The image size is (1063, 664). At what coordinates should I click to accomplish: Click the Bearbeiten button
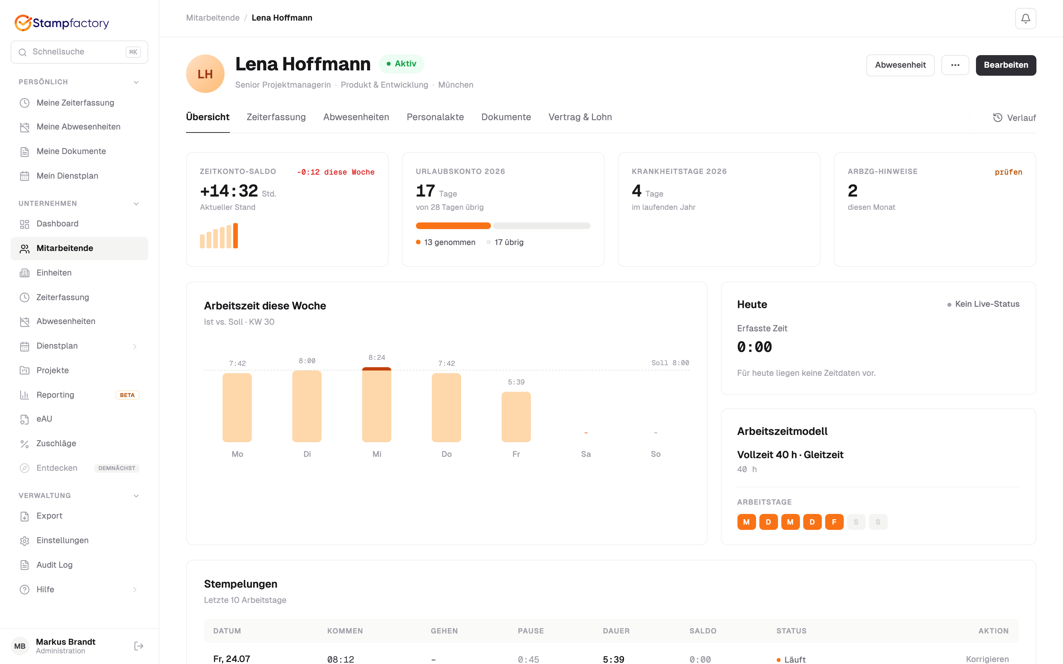1006,65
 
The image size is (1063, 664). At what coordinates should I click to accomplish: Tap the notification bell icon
1025,19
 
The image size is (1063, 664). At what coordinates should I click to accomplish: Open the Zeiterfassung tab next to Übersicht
276,117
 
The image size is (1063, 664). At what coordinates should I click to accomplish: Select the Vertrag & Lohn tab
580,117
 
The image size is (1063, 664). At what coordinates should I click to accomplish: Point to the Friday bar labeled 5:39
516,417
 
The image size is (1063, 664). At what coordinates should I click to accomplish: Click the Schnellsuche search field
79,52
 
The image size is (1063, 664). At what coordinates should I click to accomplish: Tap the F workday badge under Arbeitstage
834,522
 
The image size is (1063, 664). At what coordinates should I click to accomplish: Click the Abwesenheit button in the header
900,65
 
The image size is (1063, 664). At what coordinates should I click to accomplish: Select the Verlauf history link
1014,118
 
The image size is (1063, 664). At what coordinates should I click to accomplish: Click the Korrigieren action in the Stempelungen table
987,659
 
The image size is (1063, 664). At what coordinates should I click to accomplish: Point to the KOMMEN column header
345,630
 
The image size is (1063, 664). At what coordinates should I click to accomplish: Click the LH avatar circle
205,73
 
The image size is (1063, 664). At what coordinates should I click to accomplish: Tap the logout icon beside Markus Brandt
139,646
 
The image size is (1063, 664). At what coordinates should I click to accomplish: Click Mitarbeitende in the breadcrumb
213,18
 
